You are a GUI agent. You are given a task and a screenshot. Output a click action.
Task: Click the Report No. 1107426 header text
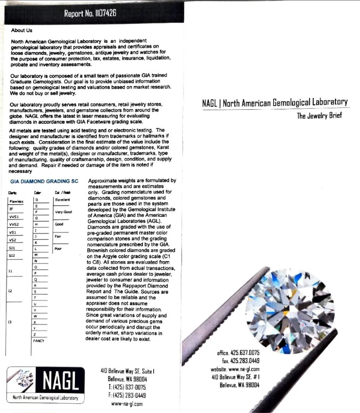[x=90, y=14]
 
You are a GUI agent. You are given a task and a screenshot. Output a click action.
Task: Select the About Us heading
[x=22, y=31]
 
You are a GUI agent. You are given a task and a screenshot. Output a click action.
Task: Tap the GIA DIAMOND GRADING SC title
[x=45, y=181]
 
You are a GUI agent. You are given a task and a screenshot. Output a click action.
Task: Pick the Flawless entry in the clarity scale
[x=16, y=202]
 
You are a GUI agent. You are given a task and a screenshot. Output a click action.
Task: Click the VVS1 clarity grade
[x=14, y=217]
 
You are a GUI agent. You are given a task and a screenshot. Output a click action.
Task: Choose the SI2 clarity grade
[x=12, y=255]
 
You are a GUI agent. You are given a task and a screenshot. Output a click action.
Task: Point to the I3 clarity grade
[x=10, y=322]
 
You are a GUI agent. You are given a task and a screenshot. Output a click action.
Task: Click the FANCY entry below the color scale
[x=39, y=340]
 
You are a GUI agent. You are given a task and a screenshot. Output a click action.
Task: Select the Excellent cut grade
[x=62, y=200]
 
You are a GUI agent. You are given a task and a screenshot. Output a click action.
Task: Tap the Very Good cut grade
[x=63, y=212]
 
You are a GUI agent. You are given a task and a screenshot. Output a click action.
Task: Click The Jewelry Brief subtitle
[x=319, y=116]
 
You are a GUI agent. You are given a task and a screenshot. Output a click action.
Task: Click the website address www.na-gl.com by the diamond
[x=235, y=369]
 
